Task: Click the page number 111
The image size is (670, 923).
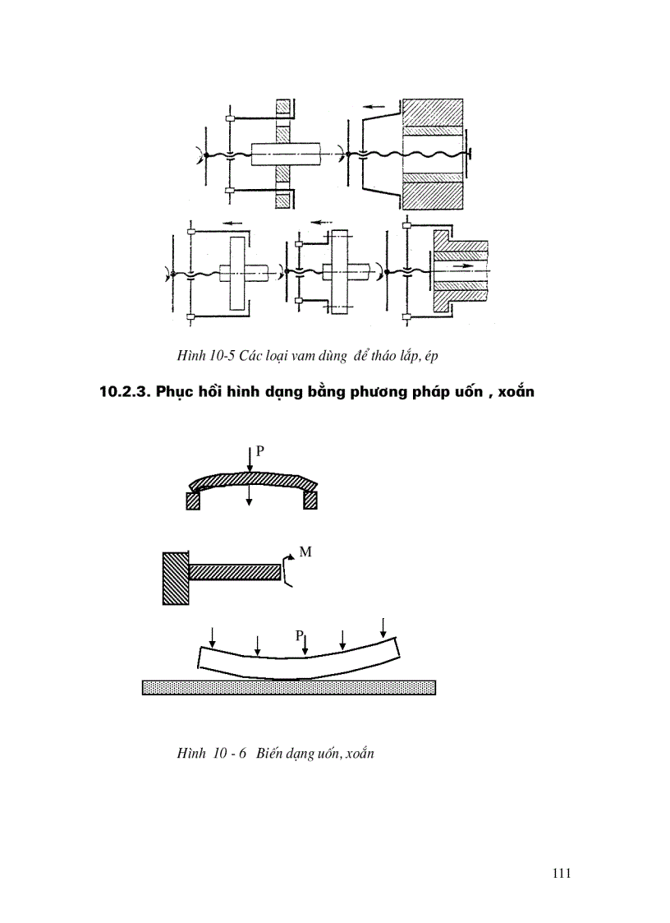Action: click(561, 873)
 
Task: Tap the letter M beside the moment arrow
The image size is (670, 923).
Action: click(305, 552)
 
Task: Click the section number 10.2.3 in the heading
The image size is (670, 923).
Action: click(125, 392)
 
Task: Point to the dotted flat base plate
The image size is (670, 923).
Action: click(288, 687)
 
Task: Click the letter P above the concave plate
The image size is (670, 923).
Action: click(301, 635)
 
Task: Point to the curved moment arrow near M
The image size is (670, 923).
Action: click(286, 569)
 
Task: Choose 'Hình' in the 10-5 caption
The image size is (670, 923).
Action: click(190, 355)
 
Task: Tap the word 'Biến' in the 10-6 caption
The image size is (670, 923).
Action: click(273, 753)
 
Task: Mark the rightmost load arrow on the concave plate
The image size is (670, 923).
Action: click(383, 627)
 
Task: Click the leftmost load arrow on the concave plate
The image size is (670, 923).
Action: click(213, 636)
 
